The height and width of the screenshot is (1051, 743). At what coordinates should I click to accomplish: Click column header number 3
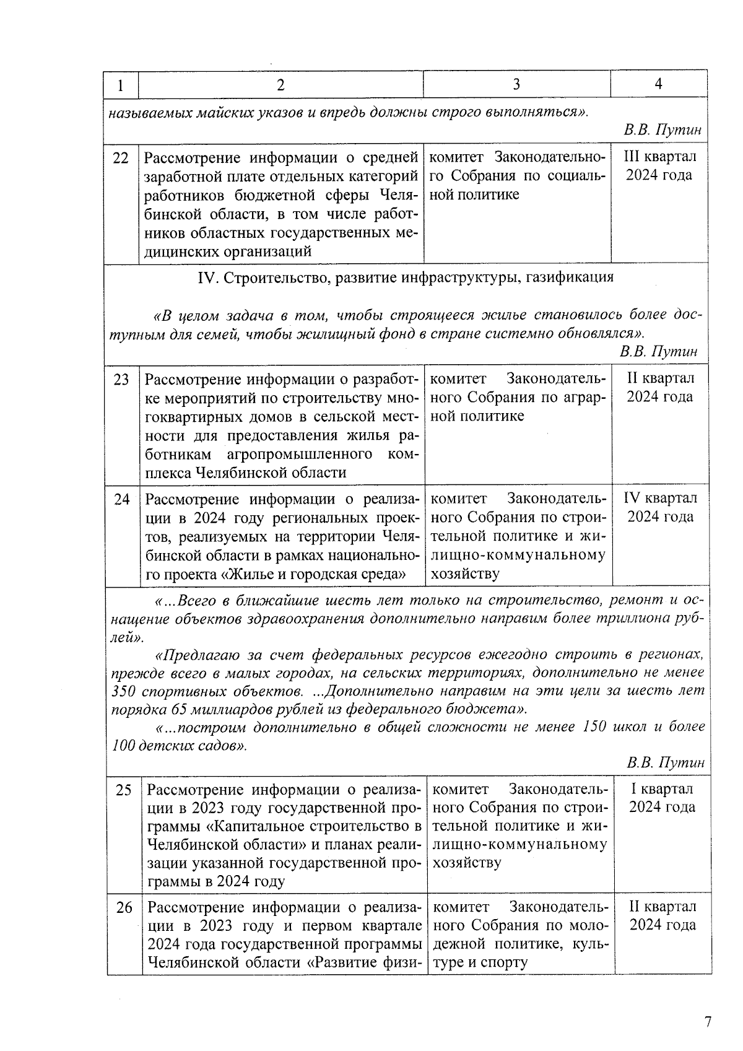pyautogui.click(x=517, y=85)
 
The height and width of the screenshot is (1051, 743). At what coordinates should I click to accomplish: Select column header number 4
pyautogui.click(x=659, y=84)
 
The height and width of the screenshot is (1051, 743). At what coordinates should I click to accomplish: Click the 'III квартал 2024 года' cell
pyautogui.click(x=659, y=166)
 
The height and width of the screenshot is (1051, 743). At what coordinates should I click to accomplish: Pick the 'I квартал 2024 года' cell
pyautogui.click(x=663, y=798)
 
